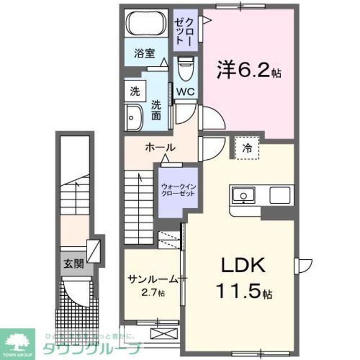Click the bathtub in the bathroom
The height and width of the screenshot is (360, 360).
point(145,25)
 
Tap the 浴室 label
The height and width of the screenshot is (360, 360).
point(144,54)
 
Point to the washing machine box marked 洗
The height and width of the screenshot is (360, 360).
point(135,89)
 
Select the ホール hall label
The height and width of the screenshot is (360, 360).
point(160,147)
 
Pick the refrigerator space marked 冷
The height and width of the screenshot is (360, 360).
point(247,148)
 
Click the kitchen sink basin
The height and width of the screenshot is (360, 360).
point(244,195)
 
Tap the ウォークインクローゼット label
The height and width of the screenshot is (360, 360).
point(177,189)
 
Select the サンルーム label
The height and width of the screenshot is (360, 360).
point(152,279)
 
